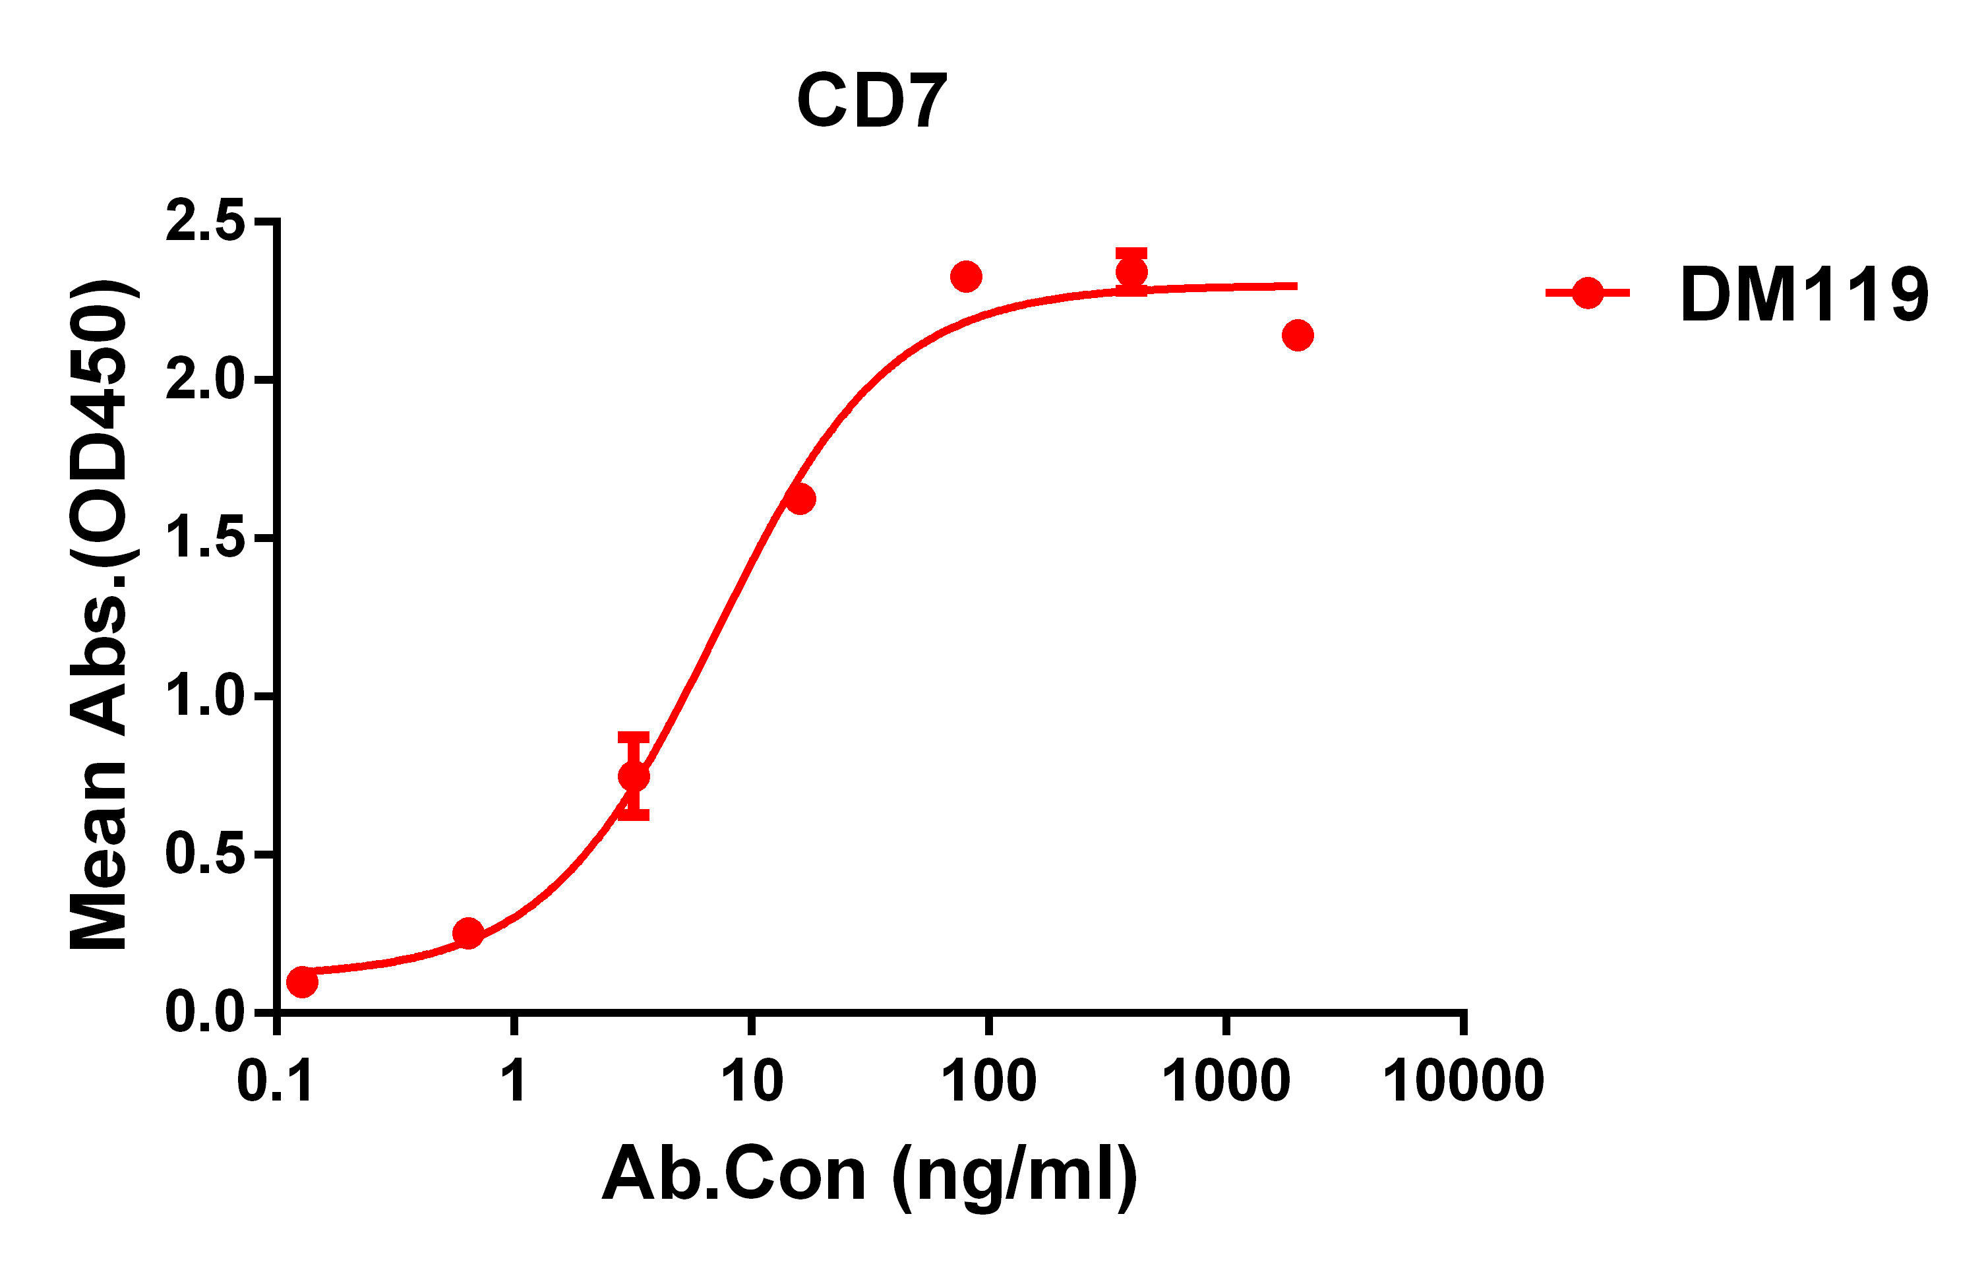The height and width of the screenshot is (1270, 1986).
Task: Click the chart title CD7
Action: pos(872,101)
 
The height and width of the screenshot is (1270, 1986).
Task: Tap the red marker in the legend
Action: pos(1588,293)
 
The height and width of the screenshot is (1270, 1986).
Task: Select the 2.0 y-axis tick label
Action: pos(205,380)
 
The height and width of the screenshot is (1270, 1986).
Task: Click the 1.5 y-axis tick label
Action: pos(205,539)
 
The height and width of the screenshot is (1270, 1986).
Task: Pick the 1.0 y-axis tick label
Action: pos(205,697)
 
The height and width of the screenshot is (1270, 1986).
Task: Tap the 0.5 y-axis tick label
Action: pos(205,855)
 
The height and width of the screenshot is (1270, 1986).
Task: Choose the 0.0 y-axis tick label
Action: pos(205,1012)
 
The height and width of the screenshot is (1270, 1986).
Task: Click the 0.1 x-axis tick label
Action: pos(275,1081)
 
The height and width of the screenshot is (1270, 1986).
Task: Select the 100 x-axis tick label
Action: pos(989,1081)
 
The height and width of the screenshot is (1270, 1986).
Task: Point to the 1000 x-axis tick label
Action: pos(1226,1081)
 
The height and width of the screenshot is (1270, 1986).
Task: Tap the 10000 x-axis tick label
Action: pos(1464,1081)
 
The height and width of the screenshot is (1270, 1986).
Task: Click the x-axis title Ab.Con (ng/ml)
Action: pos(870,1174)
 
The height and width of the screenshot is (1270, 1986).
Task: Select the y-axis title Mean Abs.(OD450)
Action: pos(99,615)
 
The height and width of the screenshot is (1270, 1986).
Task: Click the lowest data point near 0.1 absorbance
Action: pos(302,981)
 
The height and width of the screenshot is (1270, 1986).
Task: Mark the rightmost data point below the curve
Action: pos(1298,336)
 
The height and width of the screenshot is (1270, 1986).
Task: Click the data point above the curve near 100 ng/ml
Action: pos(966,276)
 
